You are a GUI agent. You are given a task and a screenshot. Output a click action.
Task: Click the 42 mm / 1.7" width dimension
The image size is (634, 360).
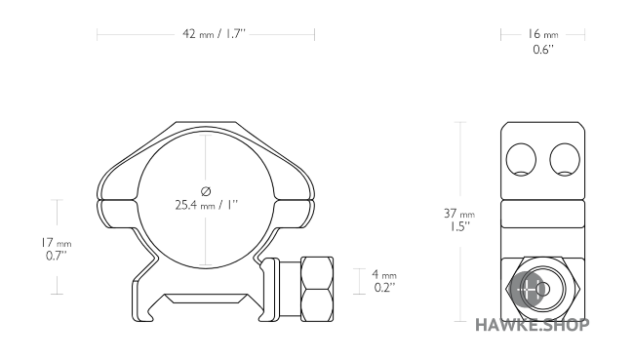tap(214, 33)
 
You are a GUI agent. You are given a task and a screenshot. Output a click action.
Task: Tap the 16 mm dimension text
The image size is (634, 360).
tap(542, 34)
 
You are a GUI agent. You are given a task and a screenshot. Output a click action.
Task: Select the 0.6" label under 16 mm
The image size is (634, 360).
tap(543, 50)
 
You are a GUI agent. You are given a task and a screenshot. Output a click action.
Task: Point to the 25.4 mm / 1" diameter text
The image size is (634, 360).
tap(207, 205)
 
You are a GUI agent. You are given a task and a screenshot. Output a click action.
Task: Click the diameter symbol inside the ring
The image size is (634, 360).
tap(206, 191)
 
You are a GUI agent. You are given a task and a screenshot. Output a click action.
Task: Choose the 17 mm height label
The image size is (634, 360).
tap(56, 243)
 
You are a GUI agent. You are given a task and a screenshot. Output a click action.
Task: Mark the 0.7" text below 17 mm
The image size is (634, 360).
tap(57, 256)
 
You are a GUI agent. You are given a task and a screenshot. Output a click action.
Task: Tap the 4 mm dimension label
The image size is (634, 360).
tap(384, 275)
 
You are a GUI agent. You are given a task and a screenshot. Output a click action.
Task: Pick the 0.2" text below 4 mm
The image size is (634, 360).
tap(384, 288)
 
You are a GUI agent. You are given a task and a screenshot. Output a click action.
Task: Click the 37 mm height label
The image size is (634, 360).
tap(459, 213)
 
